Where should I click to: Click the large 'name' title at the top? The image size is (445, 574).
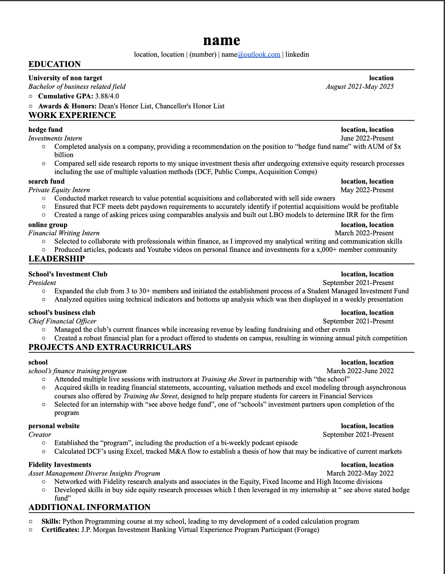coord(222,40)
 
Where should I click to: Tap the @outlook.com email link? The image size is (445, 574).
coord(259,54)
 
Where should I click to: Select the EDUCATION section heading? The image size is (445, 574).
coord(55,64)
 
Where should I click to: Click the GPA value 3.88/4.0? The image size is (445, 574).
coord(107,96)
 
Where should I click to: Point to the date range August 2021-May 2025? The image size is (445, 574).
coord(359,86)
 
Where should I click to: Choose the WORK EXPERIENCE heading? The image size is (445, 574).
coord(72,115)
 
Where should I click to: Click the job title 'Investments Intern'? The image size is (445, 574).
coord(55,138)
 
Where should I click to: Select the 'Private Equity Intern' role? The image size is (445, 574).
coord(59,190)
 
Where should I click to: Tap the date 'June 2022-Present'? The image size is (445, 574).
coord(367,138)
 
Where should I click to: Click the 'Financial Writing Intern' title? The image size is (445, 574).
coord(64,233)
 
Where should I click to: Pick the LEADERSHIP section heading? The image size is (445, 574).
coord(57,259)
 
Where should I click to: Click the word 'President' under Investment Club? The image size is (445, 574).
coord(42,283)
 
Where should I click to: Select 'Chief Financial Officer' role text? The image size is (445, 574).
coord(62,321)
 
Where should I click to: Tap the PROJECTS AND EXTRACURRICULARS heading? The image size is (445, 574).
coord(110,347)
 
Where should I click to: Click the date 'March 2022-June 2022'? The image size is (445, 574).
coord(360,371)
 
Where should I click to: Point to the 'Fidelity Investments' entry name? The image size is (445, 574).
coord(60,465)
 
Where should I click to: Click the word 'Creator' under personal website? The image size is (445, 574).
coord(40,434)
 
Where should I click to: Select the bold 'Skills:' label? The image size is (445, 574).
coord(51,521)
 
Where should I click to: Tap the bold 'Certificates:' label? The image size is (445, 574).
coord(60,530)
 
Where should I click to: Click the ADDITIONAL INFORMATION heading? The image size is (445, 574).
coord(90,507)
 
